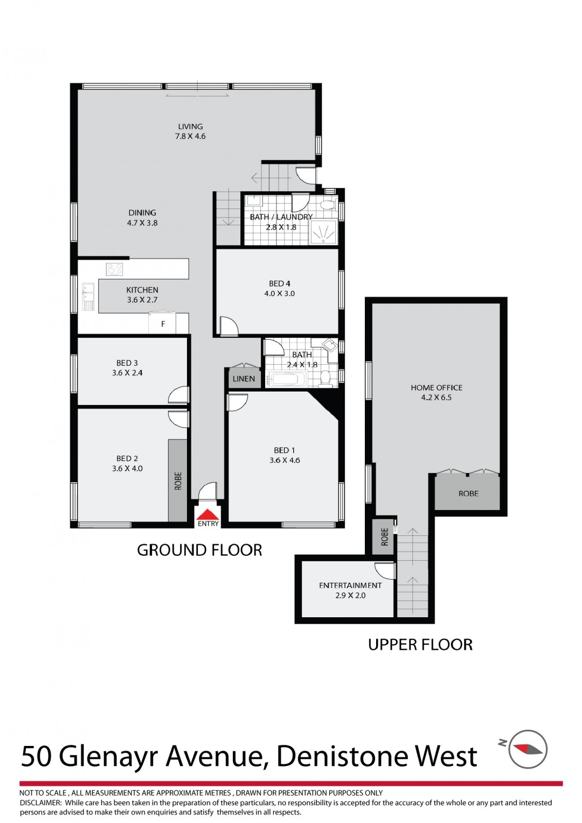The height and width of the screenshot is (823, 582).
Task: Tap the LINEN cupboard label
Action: [244, 379]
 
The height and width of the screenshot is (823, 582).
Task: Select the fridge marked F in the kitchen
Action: [163, 323]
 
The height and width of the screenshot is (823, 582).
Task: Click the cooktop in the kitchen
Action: [114, 269]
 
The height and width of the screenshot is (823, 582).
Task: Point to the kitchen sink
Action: [88, 296]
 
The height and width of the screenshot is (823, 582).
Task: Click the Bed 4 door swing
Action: [228, 326]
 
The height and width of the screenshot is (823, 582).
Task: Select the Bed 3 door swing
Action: [179, 396]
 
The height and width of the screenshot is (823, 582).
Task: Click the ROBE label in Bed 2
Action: [178, 480]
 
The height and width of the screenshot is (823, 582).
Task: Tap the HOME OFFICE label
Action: [436, 387]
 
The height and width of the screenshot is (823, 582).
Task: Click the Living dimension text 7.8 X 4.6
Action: [190, 136]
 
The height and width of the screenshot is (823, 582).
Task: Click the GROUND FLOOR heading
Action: [199, 550]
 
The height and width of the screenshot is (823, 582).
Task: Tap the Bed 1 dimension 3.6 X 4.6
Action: [285, 461]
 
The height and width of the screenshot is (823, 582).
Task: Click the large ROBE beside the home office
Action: [468, 493]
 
